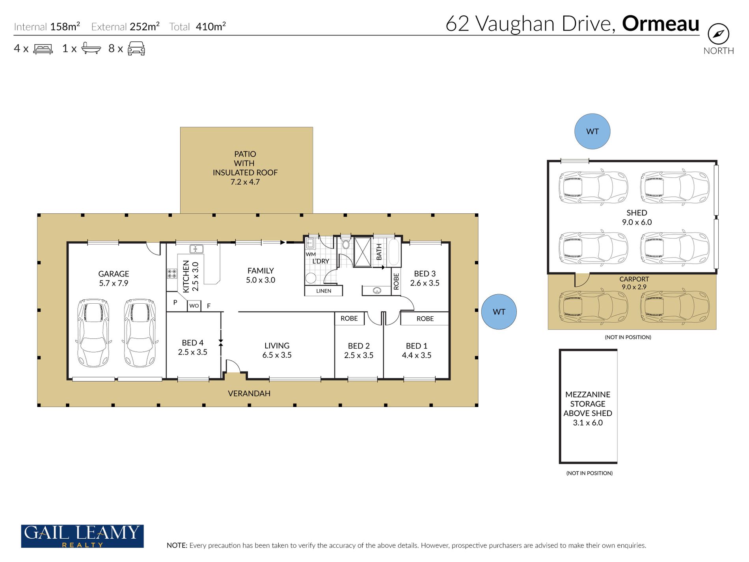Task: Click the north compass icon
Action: click(x=718, y=34)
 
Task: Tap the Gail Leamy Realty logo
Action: click(x=82, y=536)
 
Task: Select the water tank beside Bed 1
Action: click(x=499, y=312)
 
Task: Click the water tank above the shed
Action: click(x=592, y=131)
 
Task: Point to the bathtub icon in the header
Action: click(x=91, y=48)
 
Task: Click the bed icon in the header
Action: click(x=43, y=49)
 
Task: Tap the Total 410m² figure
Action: click(x=197, y=26)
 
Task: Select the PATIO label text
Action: click(x=245, y=154)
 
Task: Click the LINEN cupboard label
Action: click(x=324, y=291)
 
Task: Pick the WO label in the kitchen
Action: click(x=194, y=306)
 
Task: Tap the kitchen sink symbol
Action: click(x=196, y=249)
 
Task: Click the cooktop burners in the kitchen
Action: click(x=172, y=273)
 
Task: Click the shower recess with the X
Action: click(x=363, y=252)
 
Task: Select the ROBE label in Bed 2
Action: click(x=349, y=318)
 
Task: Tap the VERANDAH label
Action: click(x=249, y=393)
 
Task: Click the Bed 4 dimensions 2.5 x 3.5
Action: click(x=192, y=352)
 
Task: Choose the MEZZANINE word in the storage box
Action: click(x=588, y=394)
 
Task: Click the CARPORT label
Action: click(x=634, y=279)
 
